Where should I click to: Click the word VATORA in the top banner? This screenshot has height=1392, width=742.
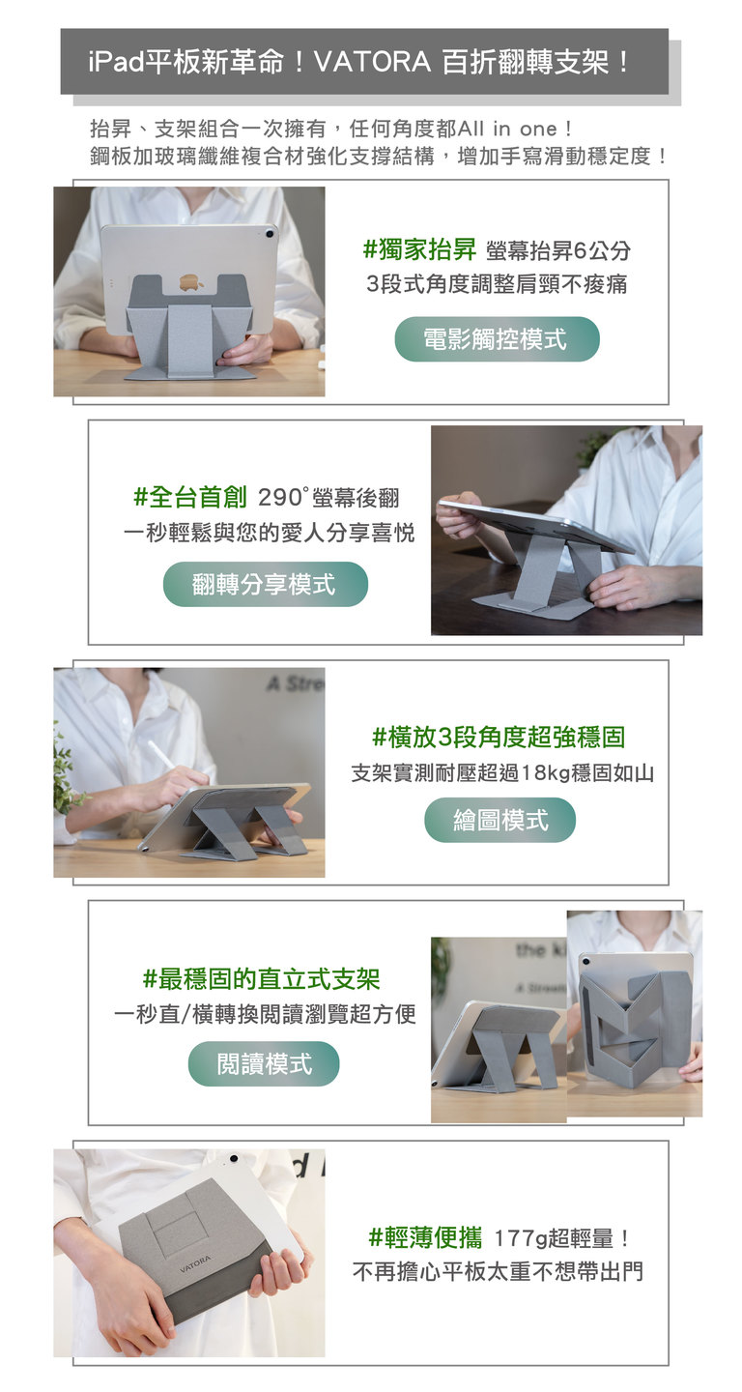point(372,62)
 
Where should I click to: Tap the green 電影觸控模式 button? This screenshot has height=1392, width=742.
point(497,339)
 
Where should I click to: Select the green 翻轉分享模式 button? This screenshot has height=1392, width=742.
point(265,584)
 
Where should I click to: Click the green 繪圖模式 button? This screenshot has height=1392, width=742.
point(499,821)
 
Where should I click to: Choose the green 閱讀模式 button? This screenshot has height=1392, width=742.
point(264,1063)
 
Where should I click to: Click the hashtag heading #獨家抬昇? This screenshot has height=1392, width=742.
point(419,249)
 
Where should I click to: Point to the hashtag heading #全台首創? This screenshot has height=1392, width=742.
point(190,497)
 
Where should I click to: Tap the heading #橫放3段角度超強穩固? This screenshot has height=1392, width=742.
point(499,737)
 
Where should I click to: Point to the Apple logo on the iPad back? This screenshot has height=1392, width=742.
point(188,282)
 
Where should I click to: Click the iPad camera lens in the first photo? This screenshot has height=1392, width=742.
point(270,234)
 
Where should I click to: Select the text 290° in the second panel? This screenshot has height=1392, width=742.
point(282,497)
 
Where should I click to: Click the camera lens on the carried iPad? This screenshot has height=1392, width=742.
point(234,1158)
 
